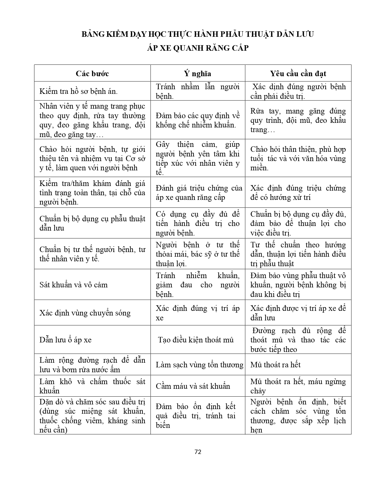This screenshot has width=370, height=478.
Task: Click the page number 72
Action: pos(198,452)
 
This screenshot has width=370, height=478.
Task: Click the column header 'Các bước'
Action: pos(92,73)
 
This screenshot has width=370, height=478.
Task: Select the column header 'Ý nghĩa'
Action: pos(198,73)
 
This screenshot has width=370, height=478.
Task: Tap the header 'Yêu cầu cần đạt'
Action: pos(298,73)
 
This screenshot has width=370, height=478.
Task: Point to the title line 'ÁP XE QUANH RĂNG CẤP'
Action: pos(198,48)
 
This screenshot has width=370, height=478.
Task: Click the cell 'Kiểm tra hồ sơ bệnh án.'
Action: pos(79,91)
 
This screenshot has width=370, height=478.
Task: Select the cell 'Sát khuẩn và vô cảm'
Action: pos(74,285)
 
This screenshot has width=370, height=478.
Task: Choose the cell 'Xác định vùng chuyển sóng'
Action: pos(85,313)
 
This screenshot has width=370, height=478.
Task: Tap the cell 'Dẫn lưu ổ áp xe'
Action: pos(66,340)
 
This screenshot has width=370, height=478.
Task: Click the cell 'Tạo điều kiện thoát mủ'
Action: pos(196,340)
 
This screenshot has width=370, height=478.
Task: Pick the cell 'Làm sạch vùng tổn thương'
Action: pos(199,365)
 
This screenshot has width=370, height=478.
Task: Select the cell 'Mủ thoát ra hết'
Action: pos(275,365)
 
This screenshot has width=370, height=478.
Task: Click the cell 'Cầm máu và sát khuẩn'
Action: pos(193,386)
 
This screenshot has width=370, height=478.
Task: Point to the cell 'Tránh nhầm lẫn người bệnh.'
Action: pos(198,91)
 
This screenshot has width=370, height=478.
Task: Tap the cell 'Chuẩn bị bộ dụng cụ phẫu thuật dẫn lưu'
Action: pos(92,223)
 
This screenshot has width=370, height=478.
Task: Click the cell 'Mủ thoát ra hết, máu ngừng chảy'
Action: pos(298,386)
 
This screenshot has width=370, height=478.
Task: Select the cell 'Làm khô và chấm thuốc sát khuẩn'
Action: pos(92,386)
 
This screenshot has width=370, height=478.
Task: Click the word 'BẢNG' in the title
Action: pos(93,34)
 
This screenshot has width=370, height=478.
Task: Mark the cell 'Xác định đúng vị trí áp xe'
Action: pos(198,313)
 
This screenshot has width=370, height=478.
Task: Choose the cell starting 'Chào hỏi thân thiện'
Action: pos(298,158)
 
